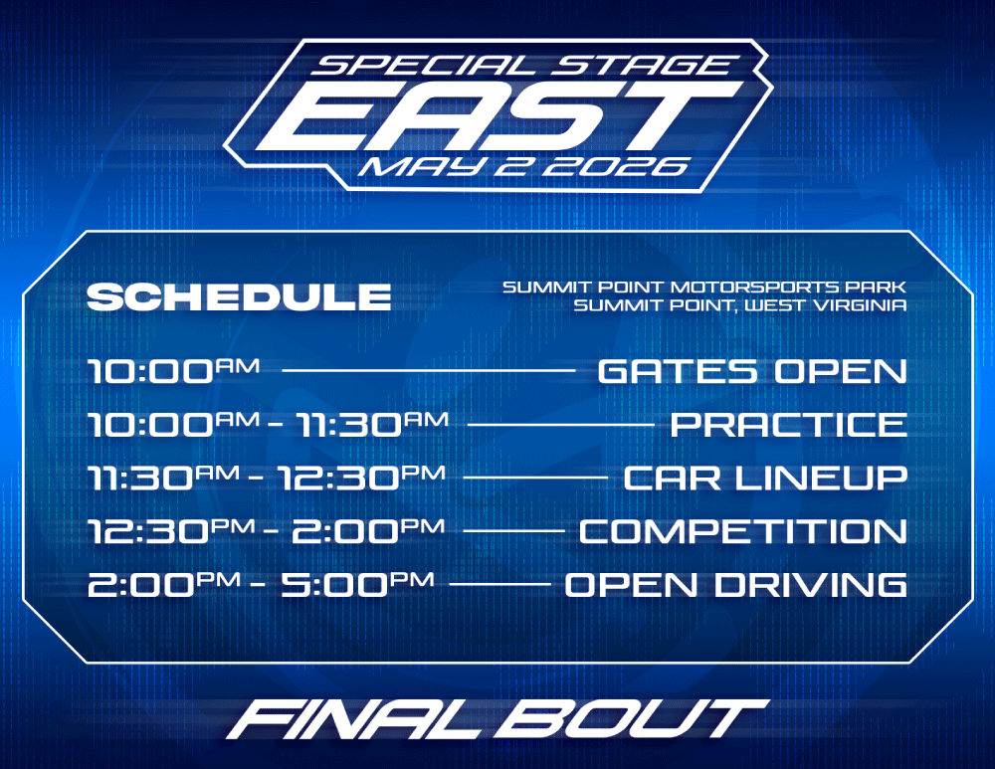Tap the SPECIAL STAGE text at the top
click(524, 66)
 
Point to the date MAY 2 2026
click(524, 166)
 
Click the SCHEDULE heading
click(239, 296)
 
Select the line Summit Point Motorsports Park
click(704, 287)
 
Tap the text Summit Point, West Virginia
click(740, 305)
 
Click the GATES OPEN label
click(752, 371)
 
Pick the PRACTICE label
click(789, 425)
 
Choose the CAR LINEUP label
click(765, 478)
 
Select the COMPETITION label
click(743, 531)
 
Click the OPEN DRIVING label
click(735, 584)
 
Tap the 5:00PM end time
click(358, 584)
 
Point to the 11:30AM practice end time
click(372, 424)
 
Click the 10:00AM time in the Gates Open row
click(173, 370)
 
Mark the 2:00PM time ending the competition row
click(368, 530)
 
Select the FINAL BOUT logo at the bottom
click(497, 719)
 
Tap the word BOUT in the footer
click(632, 719)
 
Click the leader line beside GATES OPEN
click(428, 370)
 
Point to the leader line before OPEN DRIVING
click(499, 584)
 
